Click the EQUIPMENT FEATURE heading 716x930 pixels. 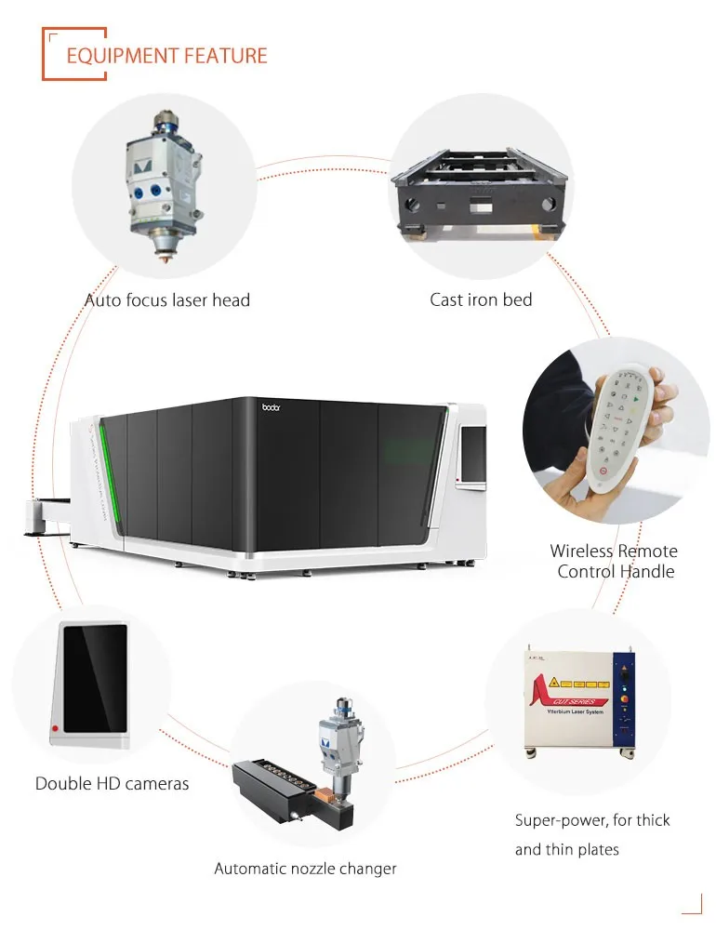coord(166,56)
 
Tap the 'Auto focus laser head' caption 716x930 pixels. coord(167,300)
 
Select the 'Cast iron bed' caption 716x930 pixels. coord(481,299)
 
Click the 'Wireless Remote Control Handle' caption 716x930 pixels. coord(614,561)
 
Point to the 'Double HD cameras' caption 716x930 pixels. coord(112,784)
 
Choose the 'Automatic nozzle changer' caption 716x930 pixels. coord(305,869)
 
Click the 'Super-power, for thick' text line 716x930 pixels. coord(592,820)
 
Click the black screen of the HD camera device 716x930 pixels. coord(94,677)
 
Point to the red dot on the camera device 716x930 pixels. coord(57,727)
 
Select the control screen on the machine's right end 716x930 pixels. coord(473,455)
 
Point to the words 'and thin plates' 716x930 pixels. coord(566,849)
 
